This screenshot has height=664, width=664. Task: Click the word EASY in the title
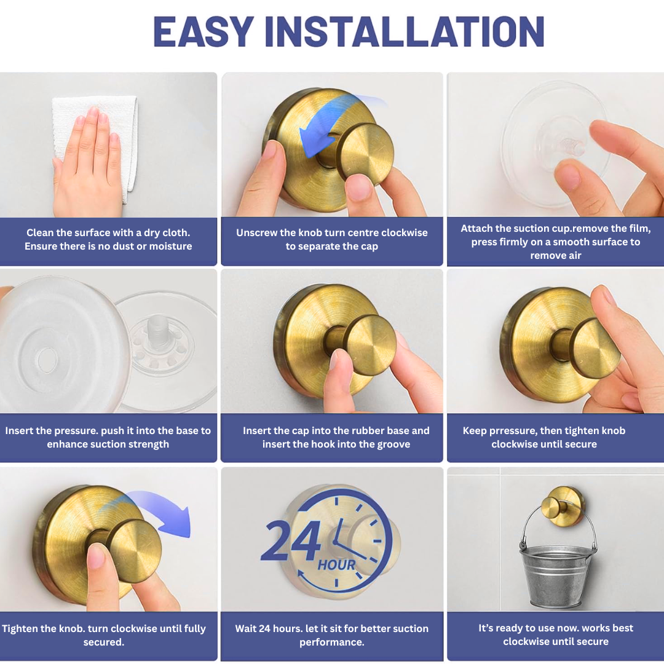[x=204, y=32]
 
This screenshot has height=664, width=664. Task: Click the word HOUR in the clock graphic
[x=337, y=564]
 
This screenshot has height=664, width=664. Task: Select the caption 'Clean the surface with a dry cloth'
[x=108, y=239]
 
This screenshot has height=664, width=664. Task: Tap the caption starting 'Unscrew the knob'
[x=332, y=239]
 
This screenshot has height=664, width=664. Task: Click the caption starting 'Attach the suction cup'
[x=555, y=242]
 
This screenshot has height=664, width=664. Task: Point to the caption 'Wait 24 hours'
[x=332, y=635]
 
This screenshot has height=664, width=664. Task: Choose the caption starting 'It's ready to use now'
[x=555, y=634]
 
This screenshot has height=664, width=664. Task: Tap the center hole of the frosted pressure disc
[x=47, y=357]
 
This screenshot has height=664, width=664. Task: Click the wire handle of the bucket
[x=528, y=523]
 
